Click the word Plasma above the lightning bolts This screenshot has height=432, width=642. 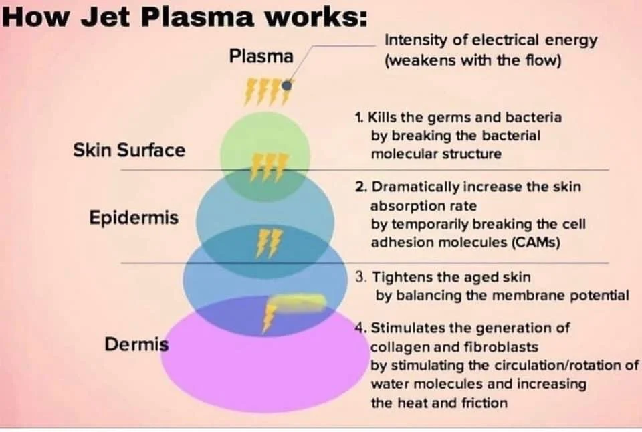[x=261, y=56]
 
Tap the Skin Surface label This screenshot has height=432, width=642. [x=128, y=150]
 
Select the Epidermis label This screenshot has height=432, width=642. [x=134, y=218]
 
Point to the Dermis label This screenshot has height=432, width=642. [x=136, y=345]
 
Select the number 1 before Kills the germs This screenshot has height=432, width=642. [x=358, y=118]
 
